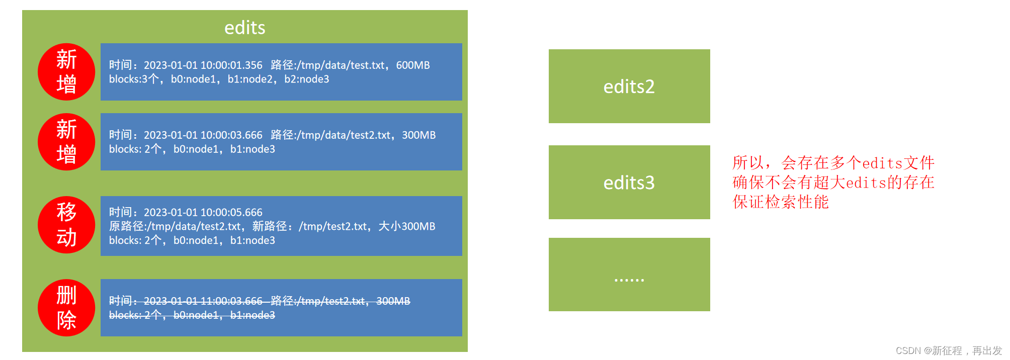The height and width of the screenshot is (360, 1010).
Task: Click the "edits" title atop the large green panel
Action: pos(244,28)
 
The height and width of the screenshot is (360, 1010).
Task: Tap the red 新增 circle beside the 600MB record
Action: pos(66,72)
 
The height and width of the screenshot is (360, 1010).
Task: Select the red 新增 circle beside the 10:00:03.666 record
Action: pos(66,142)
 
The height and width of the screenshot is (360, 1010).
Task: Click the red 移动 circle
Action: pos(66,225)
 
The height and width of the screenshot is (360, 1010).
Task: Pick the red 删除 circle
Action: pos(66,308)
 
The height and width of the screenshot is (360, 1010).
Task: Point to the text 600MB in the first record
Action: pos(412,65)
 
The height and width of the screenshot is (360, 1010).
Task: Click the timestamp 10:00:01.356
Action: pos(231,65)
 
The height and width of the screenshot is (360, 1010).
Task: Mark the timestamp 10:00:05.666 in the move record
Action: pos(231,212)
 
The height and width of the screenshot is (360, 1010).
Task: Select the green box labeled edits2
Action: pos(629,86)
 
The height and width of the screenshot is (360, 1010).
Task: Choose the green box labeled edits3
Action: pos(629,183)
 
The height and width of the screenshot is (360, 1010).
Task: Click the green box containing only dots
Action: pos(629,275)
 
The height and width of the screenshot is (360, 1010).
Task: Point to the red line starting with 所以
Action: pos(833,163)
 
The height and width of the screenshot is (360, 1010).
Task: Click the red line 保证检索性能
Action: pos(780,202)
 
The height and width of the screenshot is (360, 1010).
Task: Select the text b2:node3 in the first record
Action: pos(306,79)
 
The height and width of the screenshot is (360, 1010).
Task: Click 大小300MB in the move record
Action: pos(406,226)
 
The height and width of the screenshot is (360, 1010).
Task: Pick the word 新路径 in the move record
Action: pos(269,226)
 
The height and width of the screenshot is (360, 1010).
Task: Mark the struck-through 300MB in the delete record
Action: pos(393,301)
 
